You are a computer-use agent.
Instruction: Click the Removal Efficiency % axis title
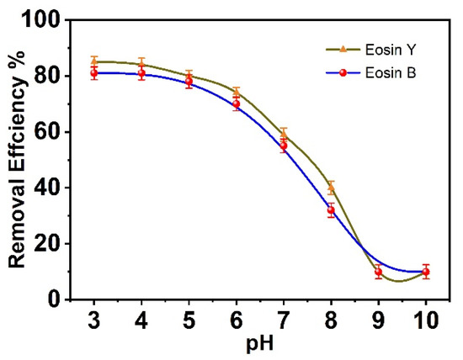pos(18,160)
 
